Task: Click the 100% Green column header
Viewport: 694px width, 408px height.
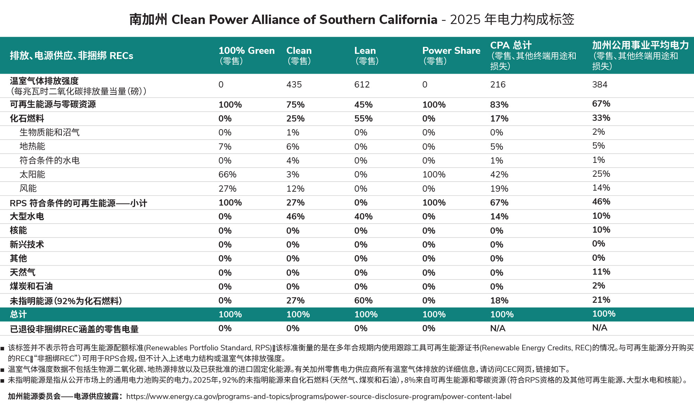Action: point(246,55)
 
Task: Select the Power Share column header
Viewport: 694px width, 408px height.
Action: point(451,55)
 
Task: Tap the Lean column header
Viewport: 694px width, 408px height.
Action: point(366,55)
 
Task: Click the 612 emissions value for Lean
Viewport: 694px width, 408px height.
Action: point(362,84)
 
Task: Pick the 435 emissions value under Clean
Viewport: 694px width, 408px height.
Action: point(294,84)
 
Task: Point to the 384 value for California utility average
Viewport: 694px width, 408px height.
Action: point(600,84)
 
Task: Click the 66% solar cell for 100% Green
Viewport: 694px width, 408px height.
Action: point(227,174)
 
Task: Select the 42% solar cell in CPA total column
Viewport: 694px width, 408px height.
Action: point(499,174)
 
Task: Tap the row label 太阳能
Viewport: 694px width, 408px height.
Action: point(32,174)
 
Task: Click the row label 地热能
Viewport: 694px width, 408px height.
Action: point(32,146)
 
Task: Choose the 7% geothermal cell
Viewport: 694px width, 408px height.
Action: point(225,147)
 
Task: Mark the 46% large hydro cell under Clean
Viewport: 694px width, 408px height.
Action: point(295,216)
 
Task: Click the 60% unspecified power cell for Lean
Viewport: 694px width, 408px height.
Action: point(363,300)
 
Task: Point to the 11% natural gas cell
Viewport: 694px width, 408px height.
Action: point(601,272)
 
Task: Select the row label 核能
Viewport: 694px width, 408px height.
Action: point(18,230)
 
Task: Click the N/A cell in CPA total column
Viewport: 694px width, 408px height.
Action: point(498,328)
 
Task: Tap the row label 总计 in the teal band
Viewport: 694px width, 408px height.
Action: point(18,314)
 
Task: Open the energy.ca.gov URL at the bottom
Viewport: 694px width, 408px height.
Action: point(319,397)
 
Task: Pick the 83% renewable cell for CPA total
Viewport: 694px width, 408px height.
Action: point(499,105)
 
